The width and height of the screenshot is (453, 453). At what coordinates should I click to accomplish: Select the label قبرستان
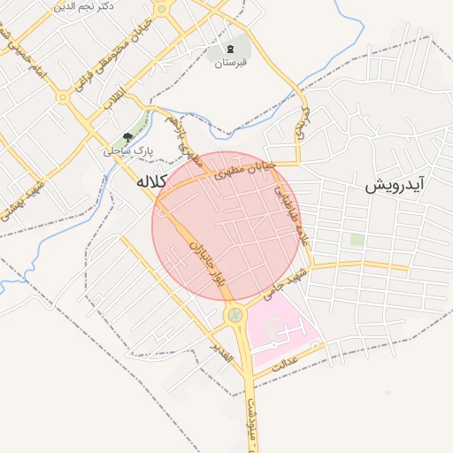pyautogui.click(x=231, y=63)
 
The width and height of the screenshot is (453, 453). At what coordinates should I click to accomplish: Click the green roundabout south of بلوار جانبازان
pyautogui.click(x=234, y=314)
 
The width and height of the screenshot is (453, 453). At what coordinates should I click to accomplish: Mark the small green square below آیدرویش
pyautogui.click(x=357, y=240)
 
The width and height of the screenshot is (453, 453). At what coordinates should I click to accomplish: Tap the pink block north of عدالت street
pyautogui.click(x=283, y=327)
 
